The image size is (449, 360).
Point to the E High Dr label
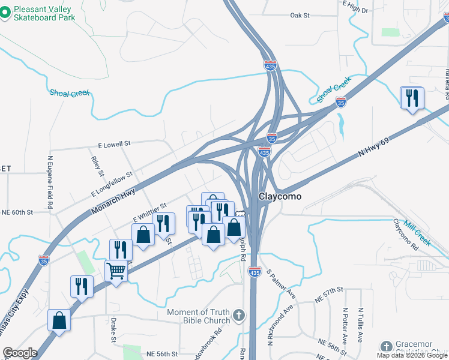pos(355,8)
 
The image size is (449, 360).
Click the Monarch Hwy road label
pos(113,201)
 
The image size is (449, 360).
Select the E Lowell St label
pos(114,145)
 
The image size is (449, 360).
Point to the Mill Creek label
pos(417,232)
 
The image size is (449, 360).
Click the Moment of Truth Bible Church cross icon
pos(238,315)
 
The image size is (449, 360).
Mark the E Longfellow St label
pos(112,184)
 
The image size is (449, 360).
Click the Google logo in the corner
pos(19,353)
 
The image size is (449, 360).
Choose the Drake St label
pos(112,330)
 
